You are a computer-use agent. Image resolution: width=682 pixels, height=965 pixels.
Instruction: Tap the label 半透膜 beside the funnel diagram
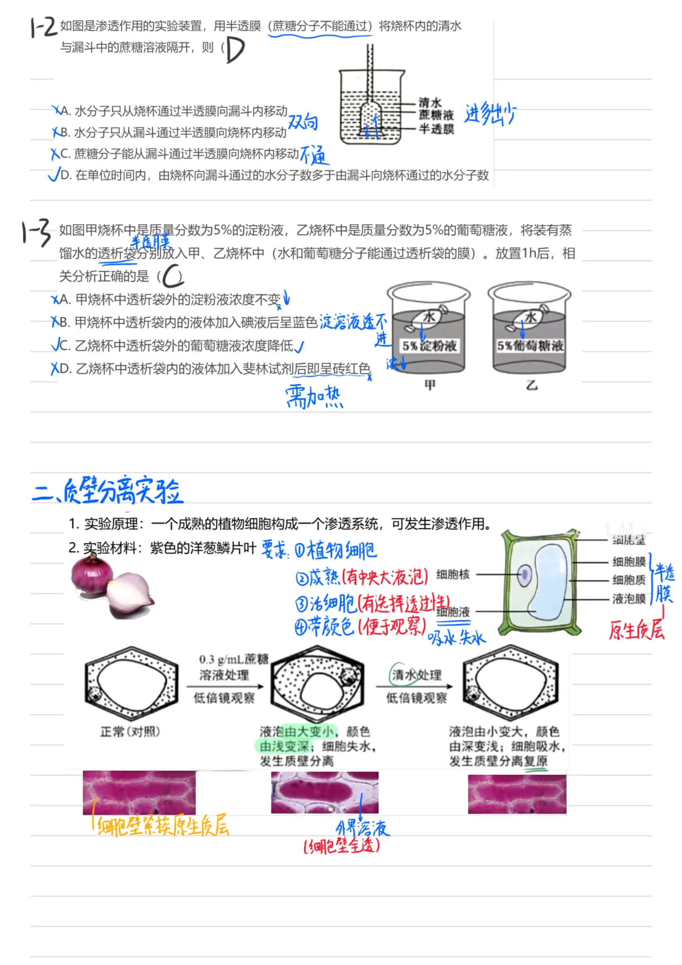pos(436,129)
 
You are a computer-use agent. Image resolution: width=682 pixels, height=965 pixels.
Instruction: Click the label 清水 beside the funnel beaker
pos(430,102)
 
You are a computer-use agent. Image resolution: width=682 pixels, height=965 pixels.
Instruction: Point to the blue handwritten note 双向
pos(302,122)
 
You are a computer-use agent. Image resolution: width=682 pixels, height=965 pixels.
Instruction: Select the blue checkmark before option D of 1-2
pos(54,174)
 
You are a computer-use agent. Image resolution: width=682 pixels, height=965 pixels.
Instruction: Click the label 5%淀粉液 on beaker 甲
pos(429,346)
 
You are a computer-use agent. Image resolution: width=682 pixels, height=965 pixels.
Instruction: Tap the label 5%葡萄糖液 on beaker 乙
pos(530,346)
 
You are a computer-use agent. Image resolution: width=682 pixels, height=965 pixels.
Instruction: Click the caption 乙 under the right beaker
pos(531,385)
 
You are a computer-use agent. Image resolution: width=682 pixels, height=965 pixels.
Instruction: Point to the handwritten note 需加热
pos(314,397)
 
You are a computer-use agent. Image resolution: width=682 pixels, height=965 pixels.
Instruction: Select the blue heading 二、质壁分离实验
pos(107,491)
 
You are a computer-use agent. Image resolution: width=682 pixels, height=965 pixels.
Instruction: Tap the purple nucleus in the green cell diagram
pos(524,575)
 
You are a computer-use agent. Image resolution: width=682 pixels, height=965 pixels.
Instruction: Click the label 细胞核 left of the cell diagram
pos(453,574)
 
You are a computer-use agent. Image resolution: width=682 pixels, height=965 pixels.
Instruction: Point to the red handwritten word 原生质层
pos(637,630)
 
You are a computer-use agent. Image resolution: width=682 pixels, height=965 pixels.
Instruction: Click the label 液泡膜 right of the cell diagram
pos(629,599)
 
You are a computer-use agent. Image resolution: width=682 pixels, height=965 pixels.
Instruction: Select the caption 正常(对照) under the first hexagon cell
pos(130,732)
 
